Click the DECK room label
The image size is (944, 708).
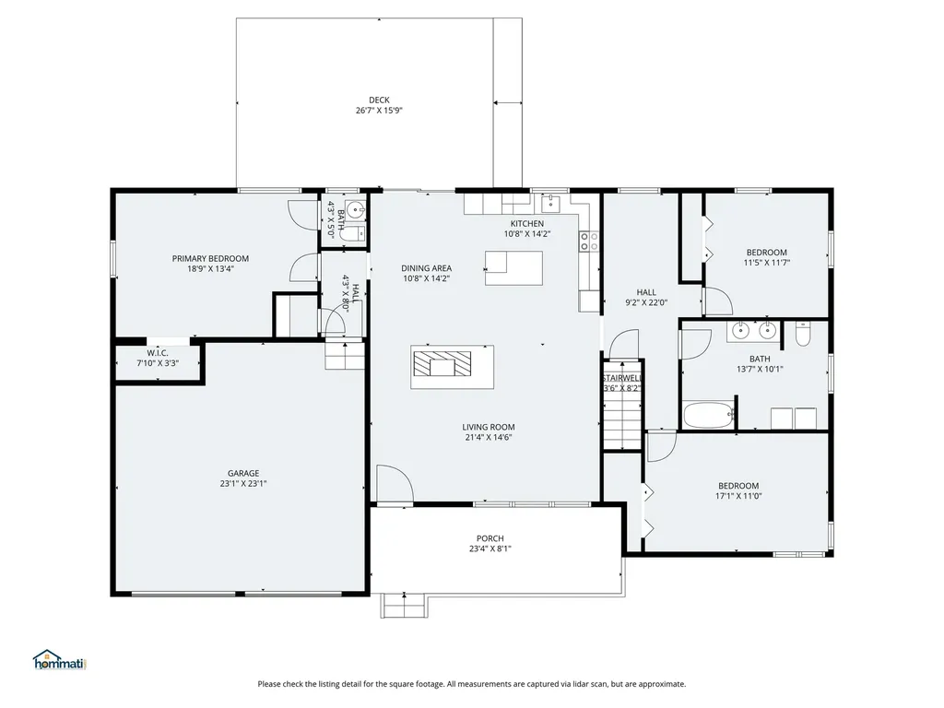[x=379, y=100]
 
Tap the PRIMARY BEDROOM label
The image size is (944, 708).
[x=210, y=259]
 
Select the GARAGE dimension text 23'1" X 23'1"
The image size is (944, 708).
[x=243, y=483]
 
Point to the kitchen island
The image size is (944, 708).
[x=513, y=268]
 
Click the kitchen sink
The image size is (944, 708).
[x=551, y=204]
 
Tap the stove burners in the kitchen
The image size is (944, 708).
[x=589, y=242]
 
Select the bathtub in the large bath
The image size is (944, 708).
[x=709, y=416]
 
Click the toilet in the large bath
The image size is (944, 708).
[x=803, y=335]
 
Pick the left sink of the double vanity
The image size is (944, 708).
[x=741, y=331]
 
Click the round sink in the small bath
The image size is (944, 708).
[x=357, y=211]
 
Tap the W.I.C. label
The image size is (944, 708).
[x=158, y=353]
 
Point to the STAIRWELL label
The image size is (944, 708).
[x=622, y=378]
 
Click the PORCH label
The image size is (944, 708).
[x=490, y=538]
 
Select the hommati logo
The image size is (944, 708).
[x=60, y=660]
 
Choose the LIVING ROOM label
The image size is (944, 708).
[x=489, y=428]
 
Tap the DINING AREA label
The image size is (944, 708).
[x=426, y=268]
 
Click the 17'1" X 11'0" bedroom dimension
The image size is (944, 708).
[x=738, y=496]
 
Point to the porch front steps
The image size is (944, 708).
[x=404, y=606]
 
